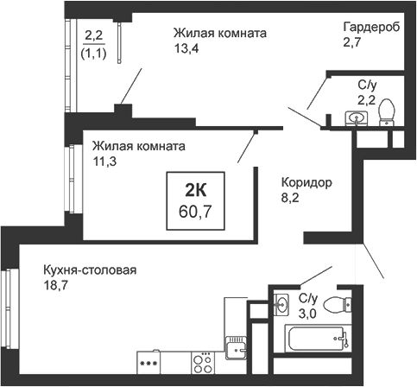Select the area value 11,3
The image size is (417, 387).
pyautogui.click(x=104, y=160)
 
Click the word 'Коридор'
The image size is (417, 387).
pyautogui.click(x=306, y=184)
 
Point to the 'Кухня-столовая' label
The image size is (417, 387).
pyautogui.click(x=90, y=270)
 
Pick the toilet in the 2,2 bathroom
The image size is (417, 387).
pyautogui.click(x=388, y=111)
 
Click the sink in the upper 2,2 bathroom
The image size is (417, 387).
pyautogui.click(x=354, y=117)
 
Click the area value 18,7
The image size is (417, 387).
pyautogui.click(x=55, y=286)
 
